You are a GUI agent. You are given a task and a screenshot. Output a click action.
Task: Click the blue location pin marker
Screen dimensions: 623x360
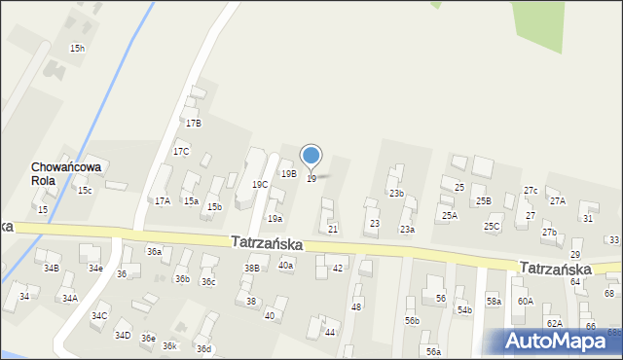(311, 157)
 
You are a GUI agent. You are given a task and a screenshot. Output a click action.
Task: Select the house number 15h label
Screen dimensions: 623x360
(77, 48)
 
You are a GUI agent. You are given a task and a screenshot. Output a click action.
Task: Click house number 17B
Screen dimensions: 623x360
(194, 124)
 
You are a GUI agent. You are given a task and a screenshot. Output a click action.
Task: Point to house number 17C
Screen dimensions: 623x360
(181, 152)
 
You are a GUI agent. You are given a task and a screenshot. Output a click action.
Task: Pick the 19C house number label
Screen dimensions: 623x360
(260, 184)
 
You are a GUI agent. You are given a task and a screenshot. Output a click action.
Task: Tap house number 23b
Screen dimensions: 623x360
(397, 194)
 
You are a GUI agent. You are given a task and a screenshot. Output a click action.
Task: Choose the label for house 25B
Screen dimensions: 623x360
(484, 201)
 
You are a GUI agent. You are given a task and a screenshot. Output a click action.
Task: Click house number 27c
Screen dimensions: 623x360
(531, 191)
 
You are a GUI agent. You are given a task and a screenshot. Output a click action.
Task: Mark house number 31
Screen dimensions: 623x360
(587, 219)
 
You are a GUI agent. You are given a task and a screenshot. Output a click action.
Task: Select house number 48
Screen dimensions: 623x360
(356, 306)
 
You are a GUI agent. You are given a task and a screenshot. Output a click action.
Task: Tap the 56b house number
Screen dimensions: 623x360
(413, 320)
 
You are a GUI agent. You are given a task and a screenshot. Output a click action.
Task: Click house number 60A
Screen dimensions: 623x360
(526, 302)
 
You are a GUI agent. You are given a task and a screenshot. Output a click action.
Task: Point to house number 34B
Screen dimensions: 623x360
(52, 268)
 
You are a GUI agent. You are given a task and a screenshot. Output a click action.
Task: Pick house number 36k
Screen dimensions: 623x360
(169, 346)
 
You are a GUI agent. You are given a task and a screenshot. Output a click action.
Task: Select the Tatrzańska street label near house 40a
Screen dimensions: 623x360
(267, 243)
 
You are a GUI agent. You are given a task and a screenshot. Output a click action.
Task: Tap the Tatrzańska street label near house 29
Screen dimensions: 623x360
(555, 268)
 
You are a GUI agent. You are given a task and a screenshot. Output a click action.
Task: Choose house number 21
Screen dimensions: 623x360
(333, 229)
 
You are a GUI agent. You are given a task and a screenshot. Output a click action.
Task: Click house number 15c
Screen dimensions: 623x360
(85, 191)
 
